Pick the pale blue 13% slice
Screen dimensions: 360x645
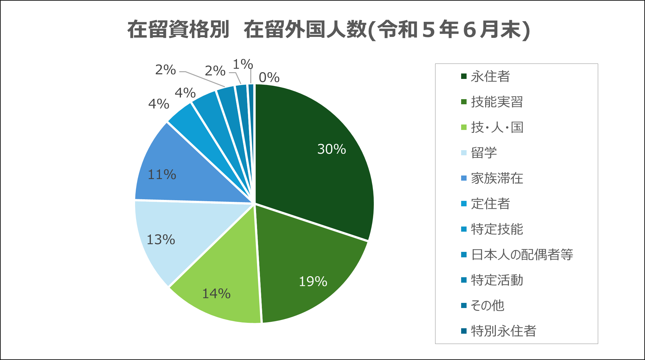click(180, 237)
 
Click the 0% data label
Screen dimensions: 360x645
click(269, 78)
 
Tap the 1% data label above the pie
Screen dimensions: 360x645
click(243, 64)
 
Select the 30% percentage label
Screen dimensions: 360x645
click(331, 149)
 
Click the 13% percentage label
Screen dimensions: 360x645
click(160, 240)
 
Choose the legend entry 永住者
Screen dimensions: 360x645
click(490, 77)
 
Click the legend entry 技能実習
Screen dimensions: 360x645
click(497, 102)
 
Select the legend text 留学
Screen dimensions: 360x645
click(484, 153)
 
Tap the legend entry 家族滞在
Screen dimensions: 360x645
click(497, 178)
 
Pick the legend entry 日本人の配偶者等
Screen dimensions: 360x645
click(522, 255)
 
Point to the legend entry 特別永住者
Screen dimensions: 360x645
click(503, 331)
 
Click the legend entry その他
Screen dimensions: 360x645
click(487, 305)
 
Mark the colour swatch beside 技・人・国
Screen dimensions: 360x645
click(464, 127)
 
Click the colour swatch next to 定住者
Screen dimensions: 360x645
click(464, 204)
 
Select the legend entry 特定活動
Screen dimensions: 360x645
click(497, 280)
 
